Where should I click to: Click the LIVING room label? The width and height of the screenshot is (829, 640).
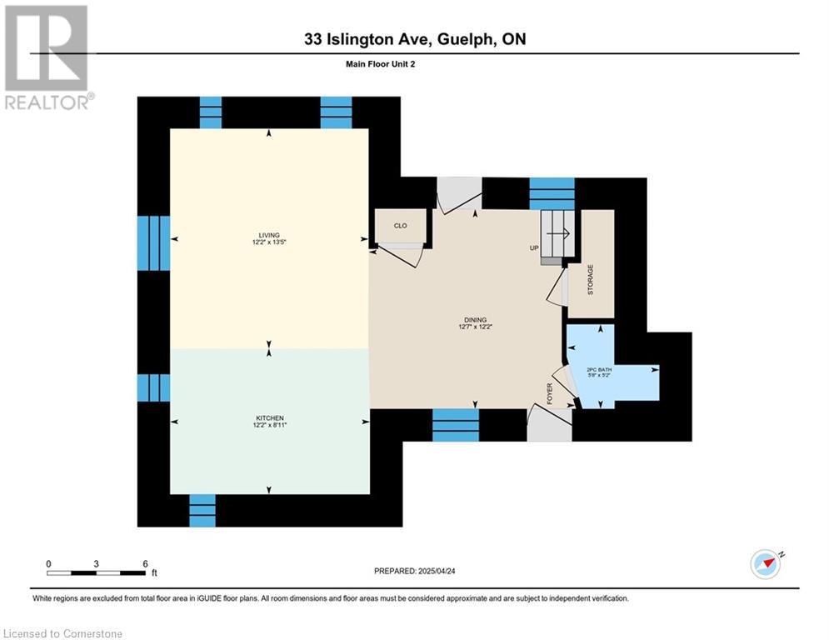(x=269, y=235)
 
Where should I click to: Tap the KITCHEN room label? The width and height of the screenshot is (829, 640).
(x=270, y=417)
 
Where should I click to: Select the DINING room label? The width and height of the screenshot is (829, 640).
(x=475, y=320)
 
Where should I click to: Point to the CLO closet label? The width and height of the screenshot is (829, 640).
(x=400, y=226)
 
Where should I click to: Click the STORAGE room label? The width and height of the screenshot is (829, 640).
(x=591, y=280)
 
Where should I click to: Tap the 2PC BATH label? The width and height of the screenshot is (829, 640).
(x=599, y=369)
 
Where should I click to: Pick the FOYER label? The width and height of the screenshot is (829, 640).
(x=550, y=393)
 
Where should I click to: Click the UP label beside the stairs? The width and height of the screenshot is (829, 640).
(x=534, y=248)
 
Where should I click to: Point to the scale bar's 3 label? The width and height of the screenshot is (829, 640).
(x=96, y=564)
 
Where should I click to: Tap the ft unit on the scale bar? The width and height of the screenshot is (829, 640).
(x=154, y=572)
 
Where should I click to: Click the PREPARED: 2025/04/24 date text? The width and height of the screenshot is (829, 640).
(x=415, y=571)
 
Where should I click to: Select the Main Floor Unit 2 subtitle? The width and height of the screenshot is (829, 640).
(x=380, y=64)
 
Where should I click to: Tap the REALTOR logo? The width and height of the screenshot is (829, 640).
(x=47, y=57)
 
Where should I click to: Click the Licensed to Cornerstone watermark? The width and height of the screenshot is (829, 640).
(x=62, y=633)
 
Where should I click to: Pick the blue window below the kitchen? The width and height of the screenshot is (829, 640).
(x=202, y=510)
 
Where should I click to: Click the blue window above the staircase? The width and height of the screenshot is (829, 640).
(x=552, y=193)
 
